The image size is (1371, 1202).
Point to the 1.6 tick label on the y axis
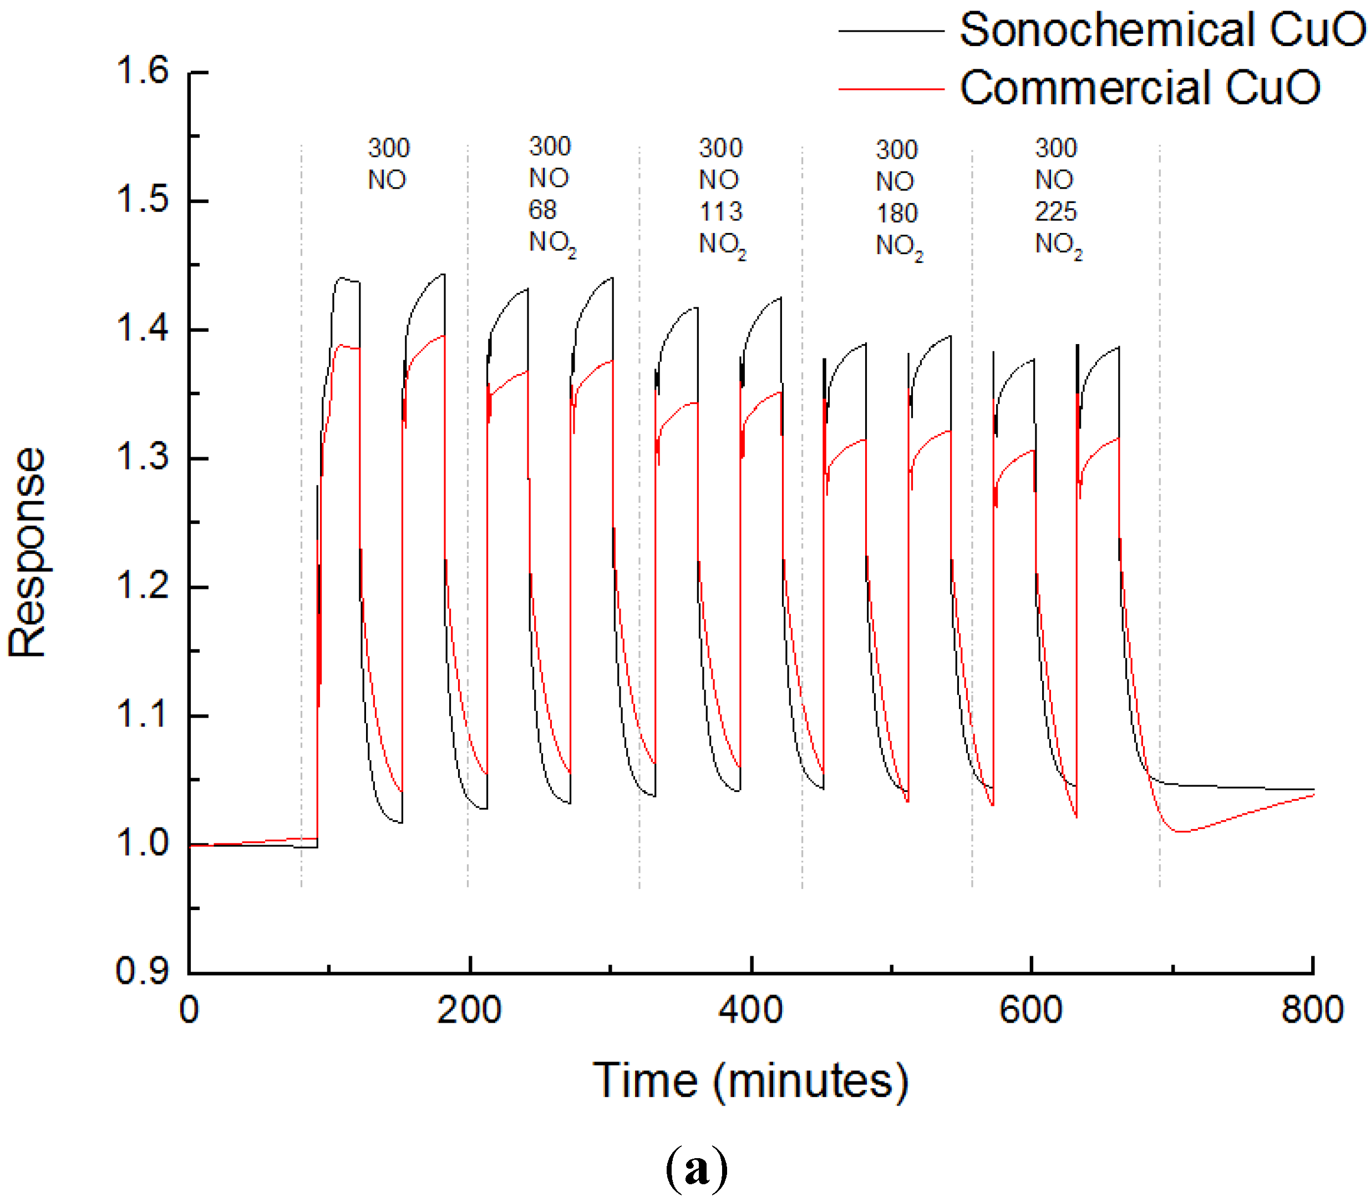tap(142, 70)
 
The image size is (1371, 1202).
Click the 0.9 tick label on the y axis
tap(142, 971)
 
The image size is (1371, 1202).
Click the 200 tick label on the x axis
tap(469, 1010)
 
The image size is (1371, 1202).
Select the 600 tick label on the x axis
tap(1030, 1010)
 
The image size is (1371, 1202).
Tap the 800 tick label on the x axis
tap(1312, 1010)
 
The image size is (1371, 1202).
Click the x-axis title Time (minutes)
tap(750, 1081)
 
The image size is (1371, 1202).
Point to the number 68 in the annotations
tap(542, 210)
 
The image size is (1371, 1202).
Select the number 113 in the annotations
tap(720, 212)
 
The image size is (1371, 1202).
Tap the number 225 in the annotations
tap(1055, 212)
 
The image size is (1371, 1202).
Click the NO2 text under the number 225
tap(1058, 245)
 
